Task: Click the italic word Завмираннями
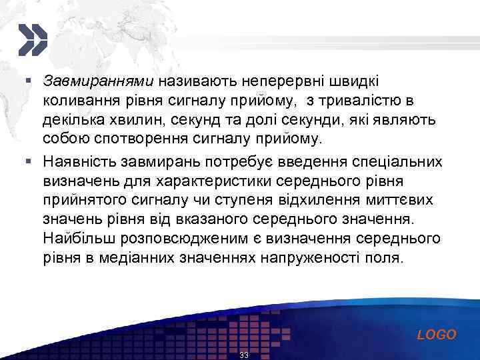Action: (98, 81)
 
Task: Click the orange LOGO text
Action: (437, 335)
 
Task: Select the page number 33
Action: (243, 355)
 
